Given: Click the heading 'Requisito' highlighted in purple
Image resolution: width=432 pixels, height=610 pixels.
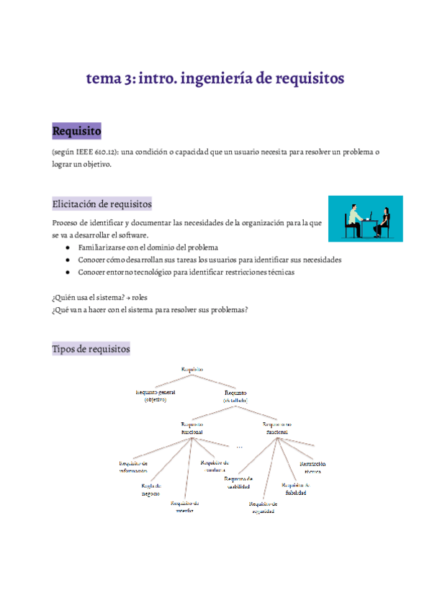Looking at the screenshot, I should (76, 132).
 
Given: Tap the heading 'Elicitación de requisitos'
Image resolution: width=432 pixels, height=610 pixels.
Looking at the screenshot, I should (102, 204).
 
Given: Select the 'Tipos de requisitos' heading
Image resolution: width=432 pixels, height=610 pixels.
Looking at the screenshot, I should (91, 349).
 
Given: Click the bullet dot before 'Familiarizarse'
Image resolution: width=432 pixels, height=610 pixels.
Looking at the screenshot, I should (67, 247).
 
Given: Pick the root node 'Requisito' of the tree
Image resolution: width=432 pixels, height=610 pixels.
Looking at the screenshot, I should (192, 369).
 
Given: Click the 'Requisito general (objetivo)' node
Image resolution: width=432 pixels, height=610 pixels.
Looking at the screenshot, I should (156, 396).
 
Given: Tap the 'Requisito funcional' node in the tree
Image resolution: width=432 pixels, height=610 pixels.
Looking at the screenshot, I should (192, 428).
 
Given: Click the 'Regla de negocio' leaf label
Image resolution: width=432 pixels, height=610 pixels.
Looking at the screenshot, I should (150, 490).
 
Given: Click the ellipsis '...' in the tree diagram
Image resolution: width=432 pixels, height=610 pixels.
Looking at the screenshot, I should (239, 447).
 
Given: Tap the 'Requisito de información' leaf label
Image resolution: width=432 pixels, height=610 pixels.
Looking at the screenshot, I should (133, 467).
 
